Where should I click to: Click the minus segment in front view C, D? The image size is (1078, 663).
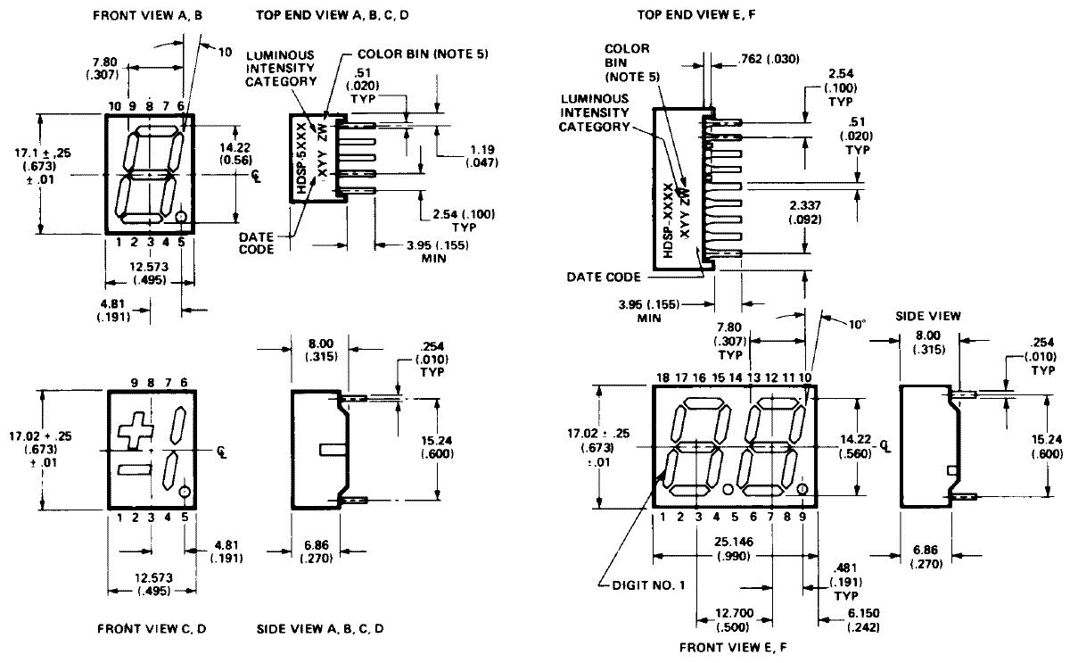[131, 470]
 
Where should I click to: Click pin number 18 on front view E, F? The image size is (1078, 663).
[662, 378]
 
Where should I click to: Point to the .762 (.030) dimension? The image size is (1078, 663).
[769, 59]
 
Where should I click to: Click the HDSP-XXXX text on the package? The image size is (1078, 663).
[669, 218]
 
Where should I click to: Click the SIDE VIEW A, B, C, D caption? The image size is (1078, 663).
[320, 628]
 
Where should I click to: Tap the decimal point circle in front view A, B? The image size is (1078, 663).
[181, 217]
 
